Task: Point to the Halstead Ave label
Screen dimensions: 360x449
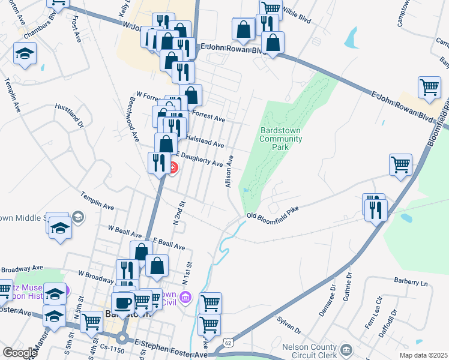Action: (205, 141)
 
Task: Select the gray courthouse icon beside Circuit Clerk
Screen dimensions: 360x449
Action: (346, 349)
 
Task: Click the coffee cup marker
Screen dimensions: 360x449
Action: (124, 302)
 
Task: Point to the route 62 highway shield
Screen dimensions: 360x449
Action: (228, 342)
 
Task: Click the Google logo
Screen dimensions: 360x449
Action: (20, 353)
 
